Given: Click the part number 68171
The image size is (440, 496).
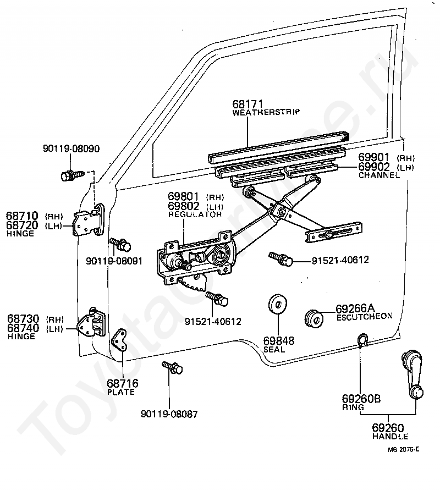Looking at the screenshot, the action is [248, 104].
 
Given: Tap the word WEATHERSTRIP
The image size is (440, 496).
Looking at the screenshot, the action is [266, 112].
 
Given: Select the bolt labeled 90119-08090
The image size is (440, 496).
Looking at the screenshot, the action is [72, 175].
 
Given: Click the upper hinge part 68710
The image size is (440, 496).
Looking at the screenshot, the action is [88, 220].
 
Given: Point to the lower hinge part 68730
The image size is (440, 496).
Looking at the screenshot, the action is [91, 324].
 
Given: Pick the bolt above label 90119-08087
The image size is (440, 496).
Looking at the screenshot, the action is [172, 368].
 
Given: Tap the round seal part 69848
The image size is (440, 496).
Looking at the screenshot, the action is [278, 304].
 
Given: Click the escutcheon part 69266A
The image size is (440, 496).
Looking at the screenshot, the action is [314, 318].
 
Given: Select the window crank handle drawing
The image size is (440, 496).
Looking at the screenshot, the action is [413, 373].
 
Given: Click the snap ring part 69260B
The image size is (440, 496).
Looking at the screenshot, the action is [363, 340].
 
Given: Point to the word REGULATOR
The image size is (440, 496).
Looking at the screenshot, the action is [195, 214].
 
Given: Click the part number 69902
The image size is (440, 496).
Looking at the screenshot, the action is [373, 167].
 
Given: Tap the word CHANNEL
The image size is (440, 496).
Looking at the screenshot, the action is [380, 175].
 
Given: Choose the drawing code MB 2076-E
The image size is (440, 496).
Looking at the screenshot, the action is [404, 449].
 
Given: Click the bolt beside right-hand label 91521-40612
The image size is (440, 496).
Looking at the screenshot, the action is [280, 259].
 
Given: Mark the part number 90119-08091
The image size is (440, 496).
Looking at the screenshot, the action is [114, 261].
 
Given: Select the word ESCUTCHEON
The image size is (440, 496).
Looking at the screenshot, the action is [365, 317].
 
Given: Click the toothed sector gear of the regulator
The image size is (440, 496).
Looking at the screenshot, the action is [193, 283].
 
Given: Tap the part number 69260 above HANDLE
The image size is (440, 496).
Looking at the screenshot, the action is [388, 428].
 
